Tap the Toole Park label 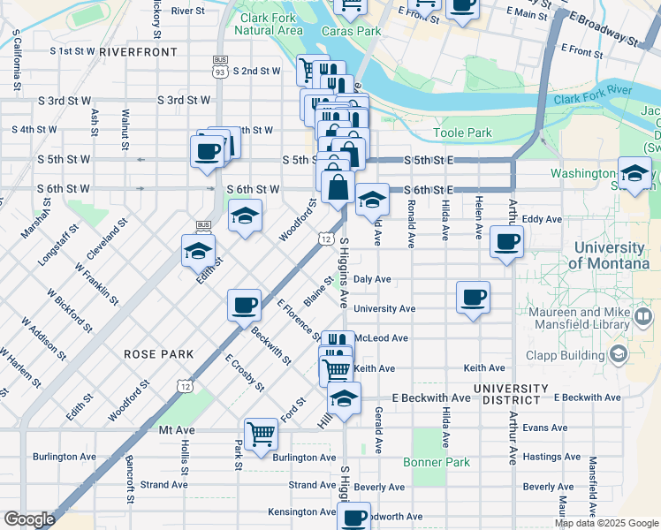click(x=462, y=133)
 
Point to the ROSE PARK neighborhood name click(x=159, y=354)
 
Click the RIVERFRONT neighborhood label click(x=138, y=52)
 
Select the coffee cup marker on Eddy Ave click(x=506, y=241)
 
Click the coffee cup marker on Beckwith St click(x=244, y=306)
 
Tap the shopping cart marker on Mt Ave click(x=262, y=434)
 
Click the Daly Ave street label click(x=372, y=279)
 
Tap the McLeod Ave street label click(x=381, y=338)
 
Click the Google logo click(x=29, y=519)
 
